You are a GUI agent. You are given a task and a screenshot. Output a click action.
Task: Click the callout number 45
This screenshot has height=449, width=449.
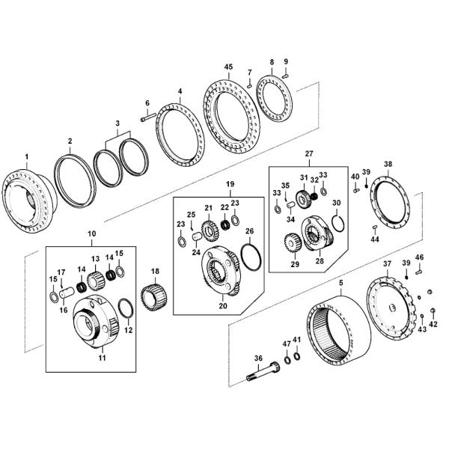(x=228, y=67)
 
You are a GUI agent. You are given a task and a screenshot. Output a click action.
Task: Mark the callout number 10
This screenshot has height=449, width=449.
(x=91, y=234)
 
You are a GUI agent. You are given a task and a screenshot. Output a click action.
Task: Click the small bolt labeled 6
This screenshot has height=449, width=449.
(x=146, y=117)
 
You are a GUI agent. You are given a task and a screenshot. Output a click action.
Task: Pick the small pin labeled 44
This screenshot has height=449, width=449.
(x=374, y=228)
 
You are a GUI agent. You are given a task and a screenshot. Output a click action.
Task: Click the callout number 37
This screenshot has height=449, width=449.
(x=387, y=263)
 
